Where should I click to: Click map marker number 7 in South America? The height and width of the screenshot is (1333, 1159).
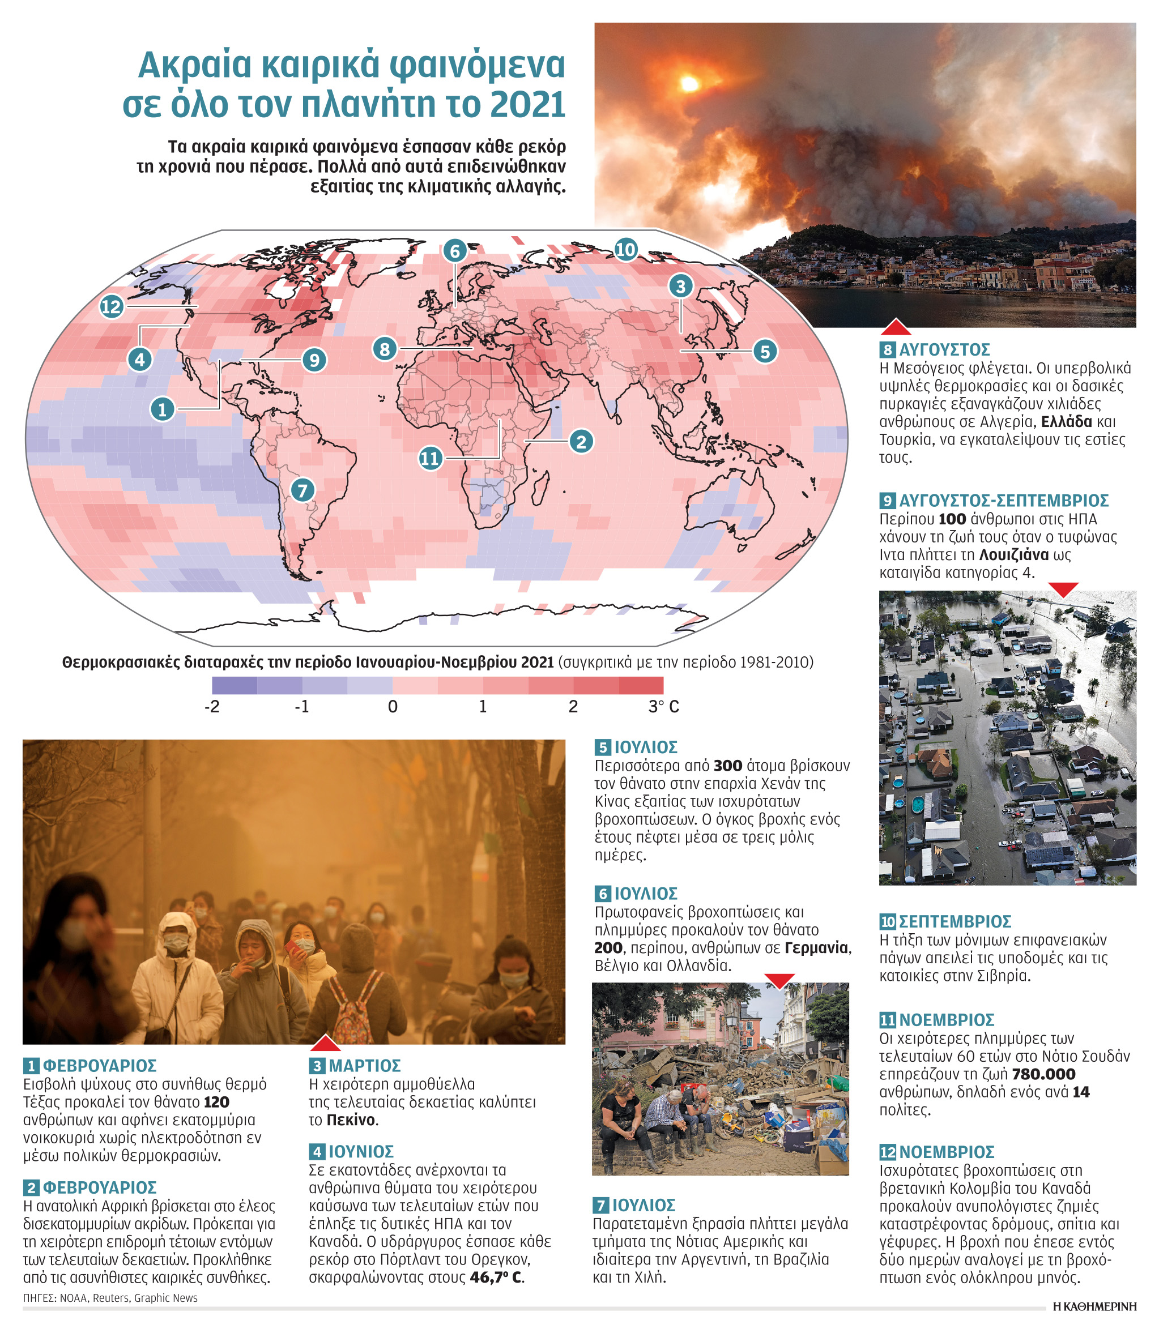[302, 490]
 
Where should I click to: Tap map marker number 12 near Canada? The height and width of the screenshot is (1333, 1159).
[111, 306]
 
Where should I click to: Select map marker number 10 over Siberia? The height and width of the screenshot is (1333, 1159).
[625, 249]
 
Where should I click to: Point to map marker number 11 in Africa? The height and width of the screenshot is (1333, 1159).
[430, 458]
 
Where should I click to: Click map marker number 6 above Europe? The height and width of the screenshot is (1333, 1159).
[455, 251]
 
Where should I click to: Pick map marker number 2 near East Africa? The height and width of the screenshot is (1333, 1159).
[581, 442]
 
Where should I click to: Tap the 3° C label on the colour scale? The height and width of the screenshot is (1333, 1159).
[663, 707]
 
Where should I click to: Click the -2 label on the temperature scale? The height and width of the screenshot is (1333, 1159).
[212, 707]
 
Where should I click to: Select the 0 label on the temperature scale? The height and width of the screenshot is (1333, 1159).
[393, 707]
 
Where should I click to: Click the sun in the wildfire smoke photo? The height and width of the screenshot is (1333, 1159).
[689, 83]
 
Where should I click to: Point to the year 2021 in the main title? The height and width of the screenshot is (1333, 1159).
[528, 105]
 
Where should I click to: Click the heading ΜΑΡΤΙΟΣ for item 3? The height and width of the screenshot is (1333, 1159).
[365, 1065]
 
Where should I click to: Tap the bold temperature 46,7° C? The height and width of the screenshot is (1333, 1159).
[497, 1278]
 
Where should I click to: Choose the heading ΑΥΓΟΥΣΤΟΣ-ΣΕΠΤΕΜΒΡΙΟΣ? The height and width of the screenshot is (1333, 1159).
[1004, 501]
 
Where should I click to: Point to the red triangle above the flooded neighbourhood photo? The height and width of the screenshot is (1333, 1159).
[1063, 589]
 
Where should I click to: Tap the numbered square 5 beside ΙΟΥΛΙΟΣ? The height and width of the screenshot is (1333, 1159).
[602, 748]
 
